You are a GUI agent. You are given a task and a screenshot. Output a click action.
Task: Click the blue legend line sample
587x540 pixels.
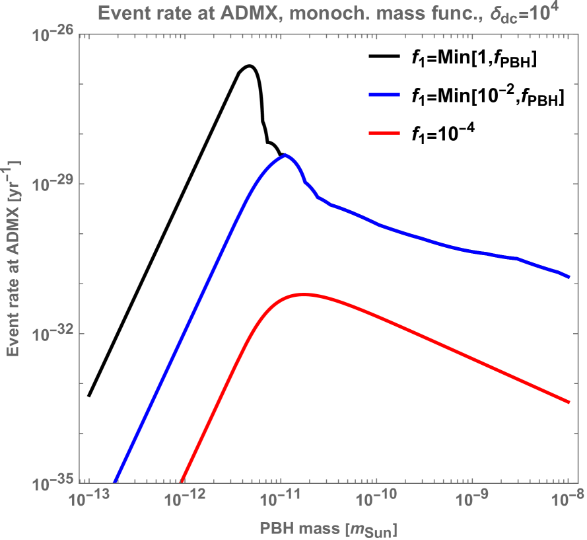pyautogui.click(x=384, y=95)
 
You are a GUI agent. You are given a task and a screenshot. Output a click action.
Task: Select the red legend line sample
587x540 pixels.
pyautogui.click(x=384, y=133)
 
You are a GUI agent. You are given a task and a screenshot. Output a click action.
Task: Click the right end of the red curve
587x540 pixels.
pyautogui.click(x=569, y=402)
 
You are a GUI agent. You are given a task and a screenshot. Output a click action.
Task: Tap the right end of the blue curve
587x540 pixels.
pyautogui.click(x=569, y=276)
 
